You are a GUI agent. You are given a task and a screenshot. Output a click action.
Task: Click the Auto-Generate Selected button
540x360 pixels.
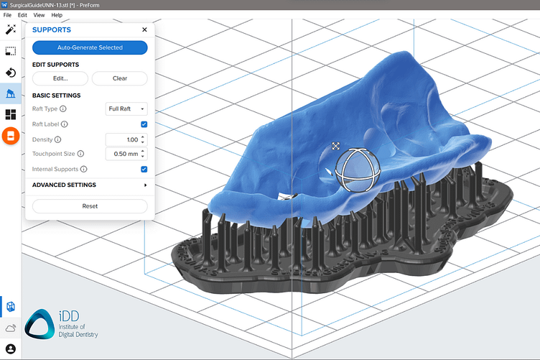[x=90, y=47]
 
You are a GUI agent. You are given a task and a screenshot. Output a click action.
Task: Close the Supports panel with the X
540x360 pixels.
[x=144, y=30]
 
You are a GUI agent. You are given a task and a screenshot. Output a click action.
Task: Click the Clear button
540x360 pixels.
[x=119, y=78]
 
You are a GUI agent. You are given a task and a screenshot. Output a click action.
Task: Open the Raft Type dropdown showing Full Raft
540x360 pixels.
[x=126, y=109]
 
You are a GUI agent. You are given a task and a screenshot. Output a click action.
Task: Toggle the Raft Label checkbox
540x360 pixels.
[x=144, y=124]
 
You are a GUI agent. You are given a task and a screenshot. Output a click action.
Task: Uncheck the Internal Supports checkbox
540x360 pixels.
[x=144, y=170]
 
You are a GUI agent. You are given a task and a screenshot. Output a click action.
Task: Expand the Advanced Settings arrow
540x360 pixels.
[x=145, y=185]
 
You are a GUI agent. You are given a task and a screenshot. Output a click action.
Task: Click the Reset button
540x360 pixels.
[x=90, y=206]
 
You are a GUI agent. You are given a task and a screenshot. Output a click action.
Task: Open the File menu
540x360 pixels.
[x=7, y=15]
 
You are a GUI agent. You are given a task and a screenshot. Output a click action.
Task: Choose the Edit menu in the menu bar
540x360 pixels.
[x=22, y=15]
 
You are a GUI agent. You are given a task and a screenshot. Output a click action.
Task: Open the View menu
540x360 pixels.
[x=39, y=15]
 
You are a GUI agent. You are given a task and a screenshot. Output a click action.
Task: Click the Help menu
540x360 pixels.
[x=57, y=15]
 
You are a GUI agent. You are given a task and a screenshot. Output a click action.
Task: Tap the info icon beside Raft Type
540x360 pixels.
[x=63, y=109]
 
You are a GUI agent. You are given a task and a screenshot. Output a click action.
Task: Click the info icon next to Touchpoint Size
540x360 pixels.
[x=80, y=154]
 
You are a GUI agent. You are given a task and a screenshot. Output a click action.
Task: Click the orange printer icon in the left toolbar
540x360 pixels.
[x=11, y=135]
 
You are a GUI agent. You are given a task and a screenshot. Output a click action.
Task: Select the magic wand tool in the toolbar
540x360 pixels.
[x=11, y=30]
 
